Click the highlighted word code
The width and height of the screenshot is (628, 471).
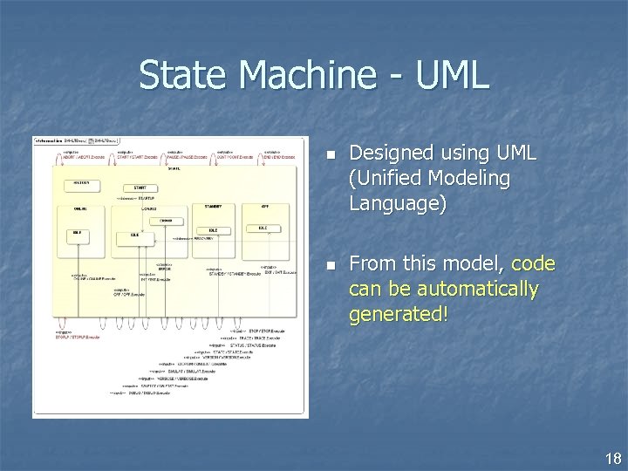(533, 263)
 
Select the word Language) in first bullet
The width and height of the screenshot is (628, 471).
(397, 204)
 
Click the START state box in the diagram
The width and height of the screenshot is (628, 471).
(139, 187)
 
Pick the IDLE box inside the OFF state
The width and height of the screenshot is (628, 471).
(263, 228)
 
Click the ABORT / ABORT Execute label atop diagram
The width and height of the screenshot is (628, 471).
(77, 157)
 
